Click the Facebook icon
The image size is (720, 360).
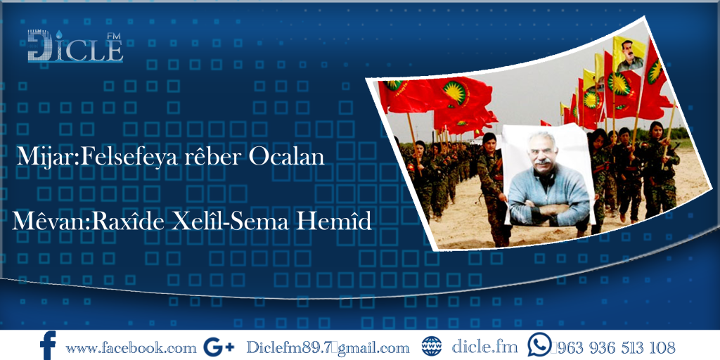[x=48, y=346]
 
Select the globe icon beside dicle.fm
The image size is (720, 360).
[x=431, y=346]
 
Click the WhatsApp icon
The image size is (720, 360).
[x=540, y=345]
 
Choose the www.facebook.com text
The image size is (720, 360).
[x=131, y=347]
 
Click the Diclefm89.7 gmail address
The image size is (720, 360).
[x=328, y=347]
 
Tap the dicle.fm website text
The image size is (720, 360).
[x=484, y=347]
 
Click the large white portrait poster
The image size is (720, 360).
[x=548, y=176]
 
